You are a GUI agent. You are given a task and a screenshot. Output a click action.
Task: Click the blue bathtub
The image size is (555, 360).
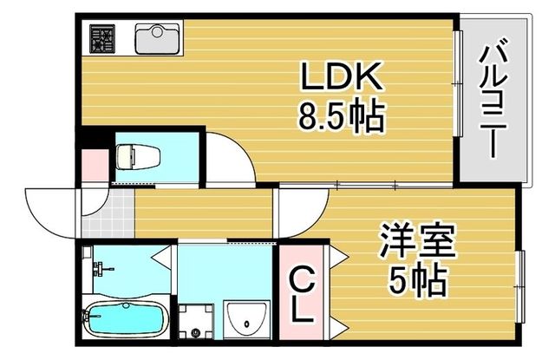pyautogui.click(x=122, y=319)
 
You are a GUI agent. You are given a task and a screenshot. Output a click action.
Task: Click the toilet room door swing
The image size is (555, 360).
pyautogui.click(x=227, y=156)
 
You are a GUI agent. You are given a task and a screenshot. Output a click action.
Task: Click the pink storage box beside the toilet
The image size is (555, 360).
pyautogui.click(x=93, y=162)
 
